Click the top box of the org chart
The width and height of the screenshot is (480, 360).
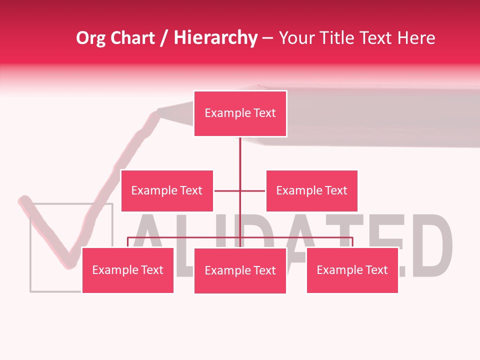click(240, 113)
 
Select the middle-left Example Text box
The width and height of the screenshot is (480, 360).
click(167, 190)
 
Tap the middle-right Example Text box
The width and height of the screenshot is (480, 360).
click(311, 190)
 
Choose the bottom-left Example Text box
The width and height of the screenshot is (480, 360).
click(127, 270)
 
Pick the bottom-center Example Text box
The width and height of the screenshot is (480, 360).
click(240, 270)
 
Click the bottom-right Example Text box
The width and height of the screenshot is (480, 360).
click(352, 270)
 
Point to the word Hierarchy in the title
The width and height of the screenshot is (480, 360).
click(215, 38)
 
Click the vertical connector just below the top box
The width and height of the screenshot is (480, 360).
click(240, 150)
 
